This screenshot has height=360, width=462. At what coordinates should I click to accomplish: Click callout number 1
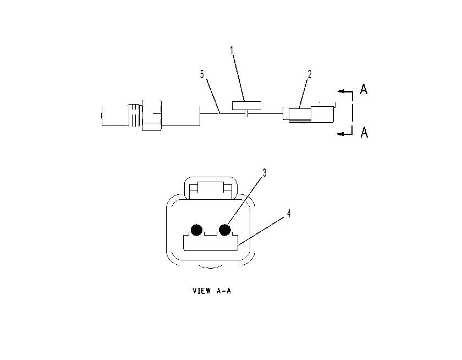pos(232,51)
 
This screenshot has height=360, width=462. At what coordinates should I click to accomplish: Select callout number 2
pos(309,74)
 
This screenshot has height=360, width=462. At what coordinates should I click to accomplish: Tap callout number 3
pos(265,173)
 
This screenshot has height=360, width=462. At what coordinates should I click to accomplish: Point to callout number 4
pos(289,214)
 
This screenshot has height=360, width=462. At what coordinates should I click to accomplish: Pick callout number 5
pos(202,74)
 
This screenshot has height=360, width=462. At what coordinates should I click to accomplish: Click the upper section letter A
pos(364,89)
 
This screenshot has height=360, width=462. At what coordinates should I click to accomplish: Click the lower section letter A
pos(364,132)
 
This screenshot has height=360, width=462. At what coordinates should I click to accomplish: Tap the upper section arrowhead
pos(341,91)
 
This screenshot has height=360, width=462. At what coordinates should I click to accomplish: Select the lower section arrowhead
pos(340,134)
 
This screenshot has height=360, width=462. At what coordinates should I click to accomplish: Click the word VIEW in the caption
pos(202,291)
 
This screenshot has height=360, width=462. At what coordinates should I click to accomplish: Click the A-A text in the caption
pos(224,291)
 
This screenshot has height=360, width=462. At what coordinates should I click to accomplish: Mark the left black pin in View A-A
pos(196,230)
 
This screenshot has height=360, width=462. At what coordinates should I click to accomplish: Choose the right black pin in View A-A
pos(225,230)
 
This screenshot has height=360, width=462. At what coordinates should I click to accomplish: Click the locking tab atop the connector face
pos(211,189)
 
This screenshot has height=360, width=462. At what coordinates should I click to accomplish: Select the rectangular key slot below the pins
pos(211,242)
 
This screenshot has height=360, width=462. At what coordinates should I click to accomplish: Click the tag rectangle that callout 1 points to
pos(246,106)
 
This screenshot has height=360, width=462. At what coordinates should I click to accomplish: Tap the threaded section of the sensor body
pos(134,117)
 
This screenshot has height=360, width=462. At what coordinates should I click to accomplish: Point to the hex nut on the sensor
pos(152,116)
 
